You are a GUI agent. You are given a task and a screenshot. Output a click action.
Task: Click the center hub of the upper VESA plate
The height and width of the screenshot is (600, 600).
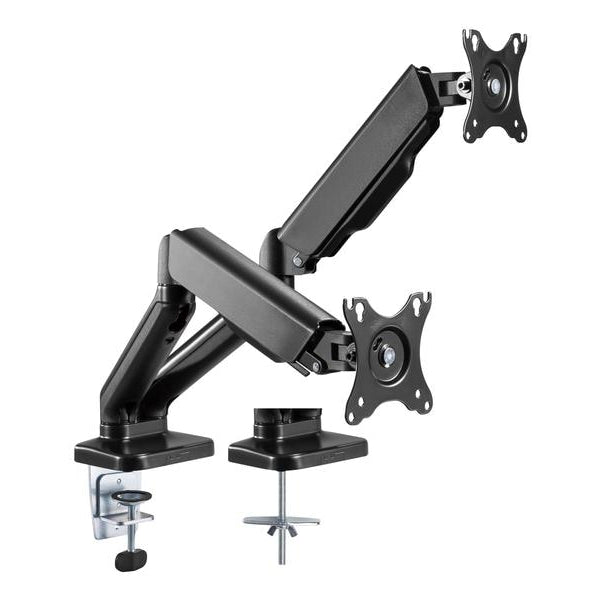tap(495, 87)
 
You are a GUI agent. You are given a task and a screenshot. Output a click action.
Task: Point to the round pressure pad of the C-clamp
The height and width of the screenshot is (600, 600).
tap(128, 496)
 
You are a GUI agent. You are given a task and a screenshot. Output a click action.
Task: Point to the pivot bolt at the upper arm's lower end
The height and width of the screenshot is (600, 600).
tap(297, 261)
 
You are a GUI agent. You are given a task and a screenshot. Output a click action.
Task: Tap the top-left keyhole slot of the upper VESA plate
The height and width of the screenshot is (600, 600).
tap(471, 42)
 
